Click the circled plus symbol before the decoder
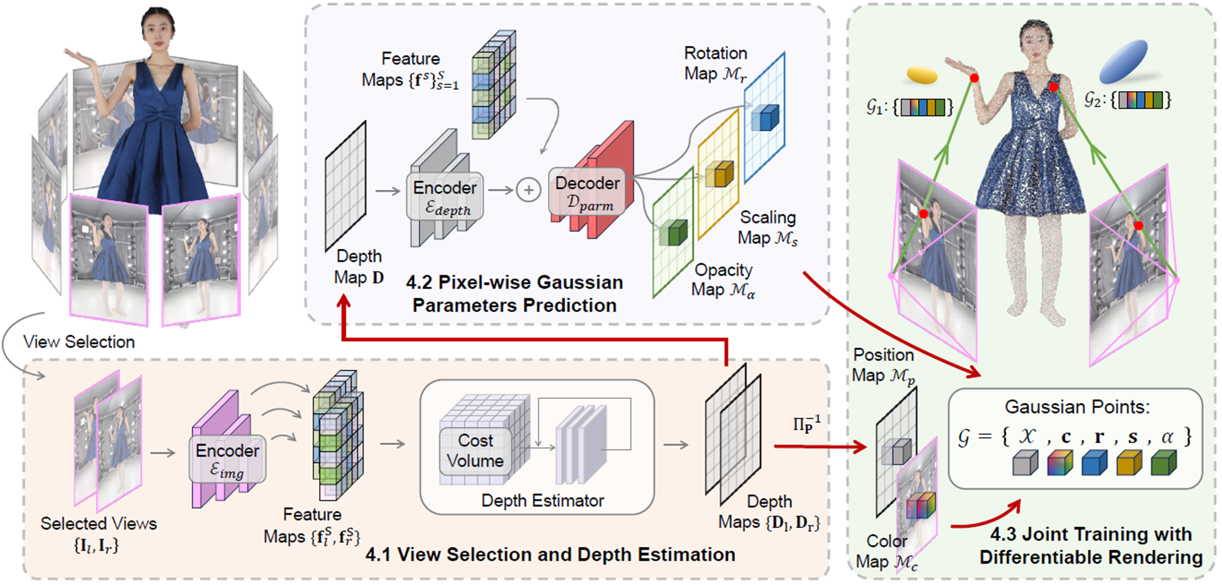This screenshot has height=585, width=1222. pyautogui.click(x=528, y=190)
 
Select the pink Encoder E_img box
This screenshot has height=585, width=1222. pyautogui.click(x=227, y=459)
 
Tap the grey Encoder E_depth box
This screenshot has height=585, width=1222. pyautogui.click(x=445, y=196)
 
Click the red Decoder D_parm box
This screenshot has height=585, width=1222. pyautogui.click(x=587, y=192)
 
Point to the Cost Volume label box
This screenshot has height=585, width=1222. pyautogui.click(x=475, y=451)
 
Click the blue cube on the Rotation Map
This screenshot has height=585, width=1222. pyautogui.click(x=765, y=118)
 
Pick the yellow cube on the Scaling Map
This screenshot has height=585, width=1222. pyautogui.click(x=720, y=174)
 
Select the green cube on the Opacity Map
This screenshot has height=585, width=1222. pyautogui.click(x=674, y=232)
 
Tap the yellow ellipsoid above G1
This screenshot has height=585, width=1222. pyautogui.click(x=922, y=75)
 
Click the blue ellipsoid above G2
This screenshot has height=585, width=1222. pyautogui.click(x=1123, y=61)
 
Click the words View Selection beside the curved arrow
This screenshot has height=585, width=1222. pyautogui.click(x=79, y=342)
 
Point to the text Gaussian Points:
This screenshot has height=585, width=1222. pyautogui.click(x=1077, y=407)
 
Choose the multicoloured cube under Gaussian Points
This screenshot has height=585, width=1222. pyautogui.click(x=1059, y=462)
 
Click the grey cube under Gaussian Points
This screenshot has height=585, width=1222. pyautogui.click(x=1025, y=462)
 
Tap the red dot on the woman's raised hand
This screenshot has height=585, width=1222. pyautogui.click(x=974, y=78)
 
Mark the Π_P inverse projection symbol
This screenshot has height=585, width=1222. pyautogui.click(x=807, y=424)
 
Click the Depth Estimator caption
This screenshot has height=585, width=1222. pyautogui.click(x=543, y=500)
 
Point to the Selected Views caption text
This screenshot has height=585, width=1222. pyautogui.click(x=98, y=524)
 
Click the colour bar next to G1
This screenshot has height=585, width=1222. pyautogui.click(x=922, y=107)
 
